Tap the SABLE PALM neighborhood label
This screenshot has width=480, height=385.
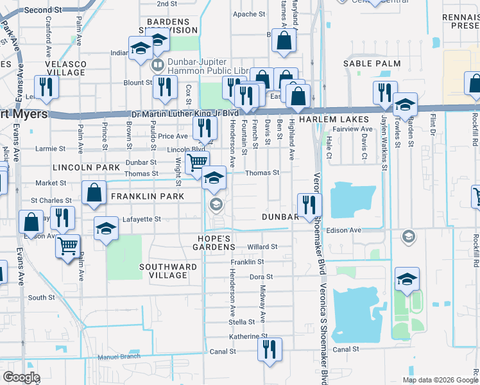click(372, 64)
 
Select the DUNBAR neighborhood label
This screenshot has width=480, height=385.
click(280, 217)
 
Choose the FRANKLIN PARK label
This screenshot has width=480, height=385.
click(142, 196)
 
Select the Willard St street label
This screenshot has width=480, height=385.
click(262, 246)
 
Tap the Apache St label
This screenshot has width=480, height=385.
click(244, 13)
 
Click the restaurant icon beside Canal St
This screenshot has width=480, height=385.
click(270, 350)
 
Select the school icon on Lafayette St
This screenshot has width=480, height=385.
click(107, 228)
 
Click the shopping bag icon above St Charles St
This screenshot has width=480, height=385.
click(94, 192)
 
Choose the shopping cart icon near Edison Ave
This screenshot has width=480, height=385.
click(67, 245)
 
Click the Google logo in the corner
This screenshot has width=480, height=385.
click(21, 377)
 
